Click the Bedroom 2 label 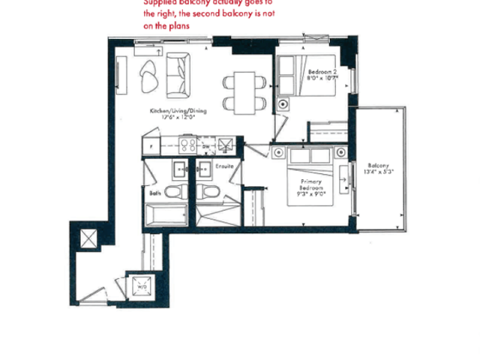coord(322,70)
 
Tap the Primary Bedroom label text coord(311,186)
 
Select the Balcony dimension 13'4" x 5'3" coord(380,172)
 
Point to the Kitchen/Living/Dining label coord(178,111)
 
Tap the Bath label coord(154,193)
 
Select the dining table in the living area coord(245,90)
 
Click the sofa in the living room coord(178,75)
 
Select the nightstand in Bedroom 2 coord(283,103)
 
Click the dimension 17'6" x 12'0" coord(178,117)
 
